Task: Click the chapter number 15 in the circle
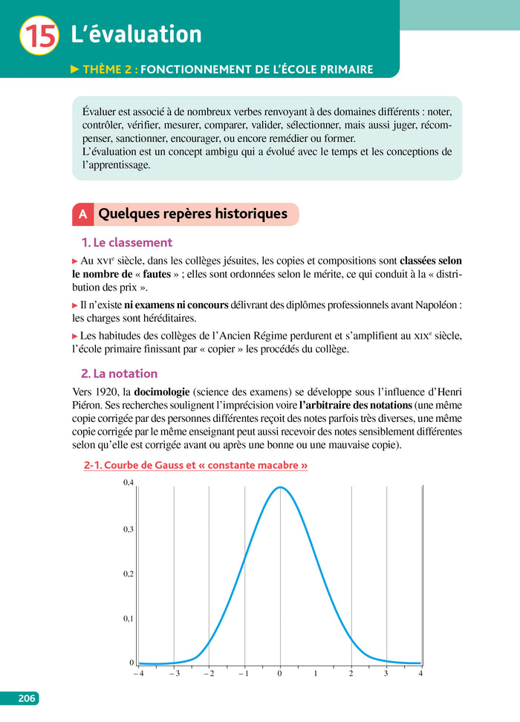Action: [x=39, y=36]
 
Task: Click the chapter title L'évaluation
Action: [x=136, y=34]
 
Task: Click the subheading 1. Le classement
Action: [x=126, y=242]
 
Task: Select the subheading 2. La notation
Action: [x=119, y=374]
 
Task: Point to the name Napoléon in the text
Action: [x=431, y=305]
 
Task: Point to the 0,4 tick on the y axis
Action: [x=129, y=483]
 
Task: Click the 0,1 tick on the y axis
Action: [x=129, y=618]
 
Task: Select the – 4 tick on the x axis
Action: [x=138, y=674]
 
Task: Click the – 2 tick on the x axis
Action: [x=209, y=674]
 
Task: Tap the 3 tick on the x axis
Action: [x=386, y=674]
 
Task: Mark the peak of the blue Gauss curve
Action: [x=280, y=487]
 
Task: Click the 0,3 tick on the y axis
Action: [x=129, y=529]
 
